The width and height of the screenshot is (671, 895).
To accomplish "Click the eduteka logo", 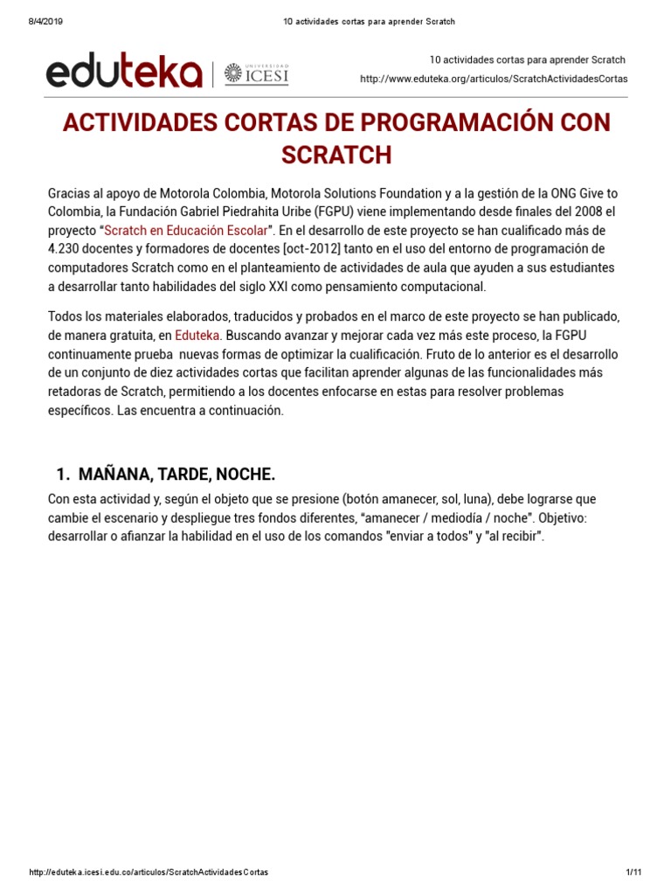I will click(123, 73).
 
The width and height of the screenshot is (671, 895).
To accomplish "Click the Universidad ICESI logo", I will click(256, 74).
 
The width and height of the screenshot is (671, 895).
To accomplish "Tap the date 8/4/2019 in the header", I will click(35, 21).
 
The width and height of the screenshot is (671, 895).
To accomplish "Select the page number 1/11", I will click(633, 873).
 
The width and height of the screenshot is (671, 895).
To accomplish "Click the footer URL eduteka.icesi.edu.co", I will click(149, 873).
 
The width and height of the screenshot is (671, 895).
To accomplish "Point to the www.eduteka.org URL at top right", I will click(494, 80).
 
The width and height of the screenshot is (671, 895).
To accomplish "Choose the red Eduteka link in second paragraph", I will click(198, 335).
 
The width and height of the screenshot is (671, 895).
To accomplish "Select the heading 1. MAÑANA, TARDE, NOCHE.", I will click(165, 475).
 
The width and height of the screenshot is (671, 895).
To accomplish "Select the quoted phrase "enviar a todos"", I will click(426, 537).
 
